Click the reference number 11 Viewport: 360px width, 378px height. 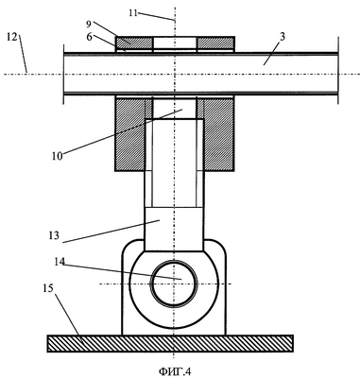tap(133, 13)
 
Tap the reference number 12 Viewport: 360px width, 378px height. tap(11, 37)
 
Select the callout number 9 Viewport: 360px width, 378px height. tap(88, 24)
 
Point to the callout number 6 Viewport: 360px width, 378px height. tap(90, 37)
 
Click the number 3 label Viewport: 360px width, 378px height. tap(283, 37)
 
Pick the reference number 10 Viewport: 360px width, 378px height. tap(58, 156)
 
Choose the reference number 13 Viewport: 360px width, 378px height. tap(54, 235)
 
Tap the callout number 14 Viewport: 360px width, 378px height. tap(60, 261)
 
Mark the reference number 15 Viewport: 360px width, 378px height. tap(48, 288)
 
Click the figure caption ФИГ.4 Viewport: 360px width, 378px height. tap(175, 371)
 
